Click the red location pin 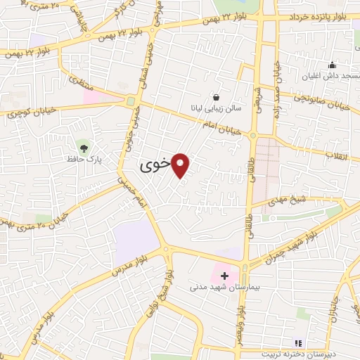pos(181,164)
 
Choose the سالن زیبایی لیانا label pos(215,109)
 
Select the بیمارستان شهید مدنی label pos(221,287)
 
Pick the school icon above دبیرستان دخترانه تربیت pos(298,343)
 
